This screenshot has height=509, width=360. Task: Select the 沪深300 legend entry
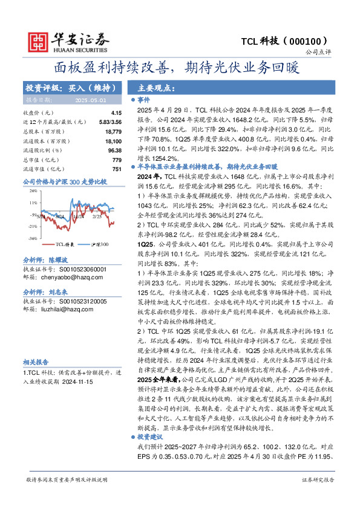(100, 245)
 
